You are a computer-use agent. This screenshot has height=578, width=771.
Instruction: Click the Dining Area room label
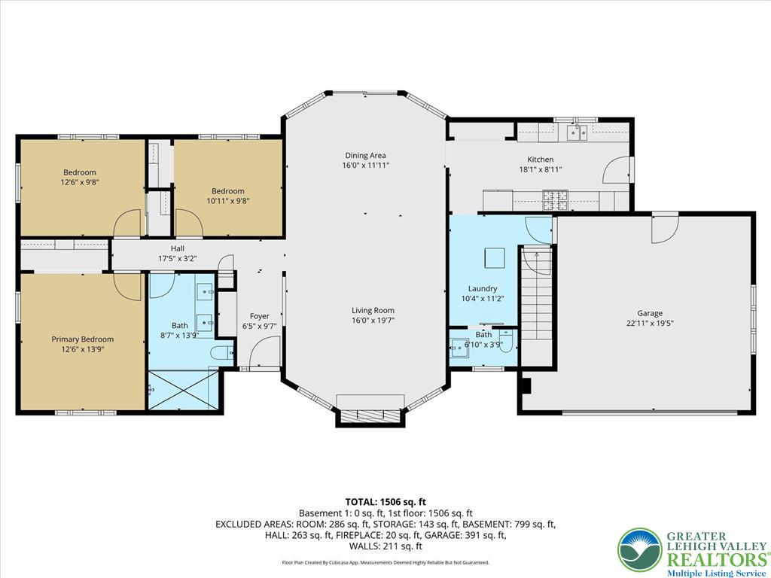point(365,156)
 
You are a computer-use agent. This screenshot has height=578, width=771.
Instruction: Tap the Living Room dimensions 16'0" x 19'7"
point(373,320)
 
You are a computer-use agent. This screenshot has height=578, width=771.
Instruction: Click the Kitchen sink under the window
point(577,132)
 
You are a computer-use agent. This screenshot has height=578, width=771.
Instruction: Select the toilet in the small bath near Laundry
point(506,342)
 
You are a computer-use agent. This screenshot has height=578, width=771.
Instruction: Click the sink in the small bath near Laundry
point(458,346)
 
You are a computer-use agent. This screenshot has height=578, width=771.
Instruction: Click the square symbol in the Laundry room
point(495,258)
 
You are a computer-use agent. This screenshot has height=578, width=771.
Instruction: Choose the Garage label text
point(650,313)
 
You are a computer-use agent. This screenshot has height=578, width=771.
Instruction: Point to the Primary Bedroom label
point(82,339)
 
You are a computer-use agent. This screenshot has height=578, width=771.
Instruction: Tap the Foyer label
point(259,316)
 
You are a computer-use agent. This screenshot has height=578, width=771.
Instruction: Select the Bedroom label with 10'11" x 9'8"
point(227,191)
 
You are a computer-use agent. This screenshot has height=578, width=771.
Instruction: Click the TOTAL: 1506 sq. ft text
point(385,501)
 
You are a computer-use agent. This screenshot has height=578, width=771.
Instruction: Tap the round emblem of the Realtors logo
point(639,549)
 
